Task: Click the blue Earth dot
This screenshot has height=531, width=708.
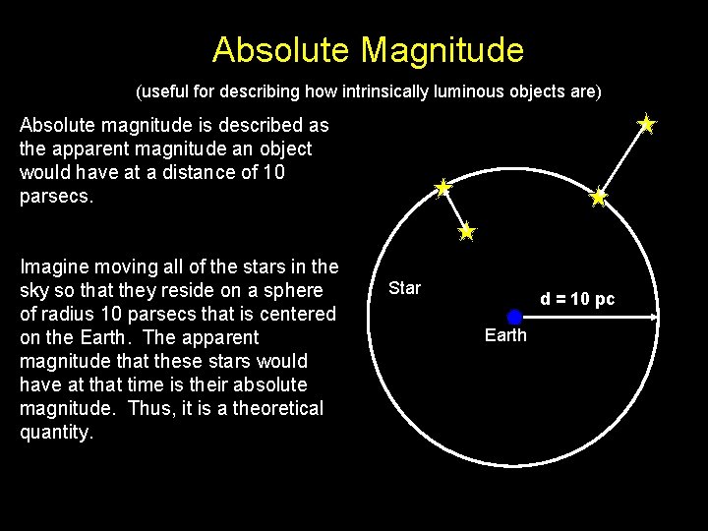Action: [x=514, y=317]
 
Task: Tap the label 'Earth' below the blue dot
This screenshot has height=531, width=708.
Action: [x=505, y=336]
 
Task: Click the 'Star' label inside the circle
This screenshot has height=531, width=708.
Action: [x=404, y=288]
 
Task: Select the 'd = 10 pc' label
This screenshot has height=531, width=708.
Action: [x=577, y=299]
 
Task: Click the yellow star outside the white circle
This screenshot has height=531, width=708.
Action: [x=646, y=124]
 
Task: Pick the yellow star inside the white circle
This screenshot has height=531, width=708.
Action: [x=466, y=232]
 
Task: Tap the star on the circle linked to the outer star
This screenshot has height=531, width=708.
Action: [x=598, y=198]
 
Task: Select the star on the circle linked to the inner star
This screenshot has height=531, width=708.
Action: [x=443, y=187]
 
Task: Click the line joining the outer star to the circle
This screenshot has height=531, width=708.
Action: [x=622, y=160]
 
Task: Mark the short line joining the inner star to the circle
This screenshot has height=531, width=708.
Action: [x=454, y=209]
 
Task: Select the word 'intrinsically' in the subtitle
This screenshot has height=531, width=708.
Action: [x=384, y=92]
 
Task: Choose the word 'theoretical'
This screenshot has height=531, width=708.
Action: [x=278, y=408]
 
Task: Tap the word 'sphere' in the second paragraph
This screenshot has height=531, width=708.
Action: [x=293, y=290]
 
